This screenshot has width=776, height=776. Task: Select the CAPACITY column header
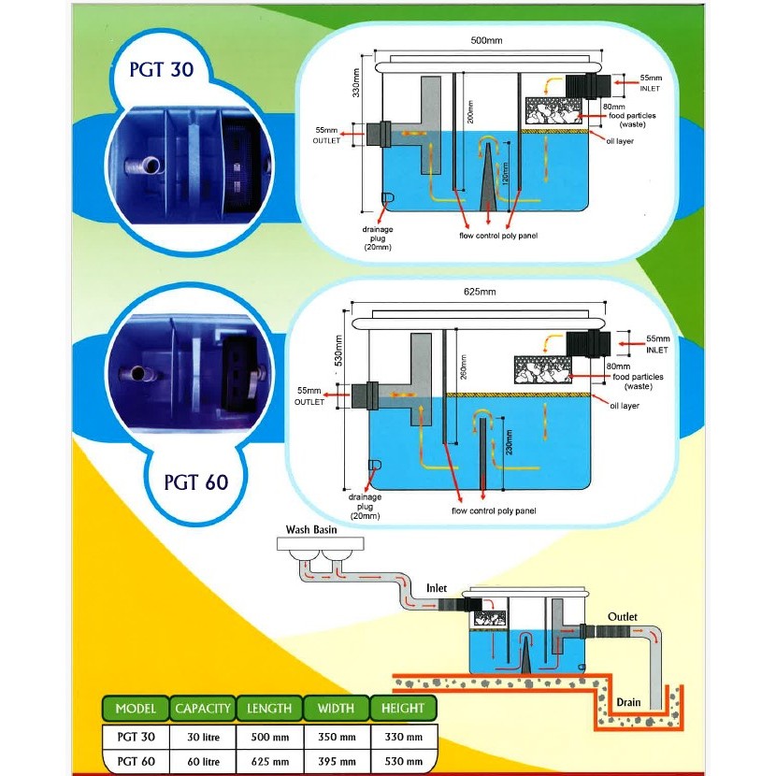click(203, 709)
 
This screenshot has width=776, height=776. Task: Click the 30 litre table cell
click(203, 737)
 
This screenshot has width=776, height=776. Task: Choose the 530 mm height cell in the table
click(403, 761)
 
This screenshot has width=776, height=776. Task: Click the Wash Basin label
click(310, 530)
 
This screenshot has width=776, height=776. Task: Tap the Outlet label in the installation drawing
click(623, 617)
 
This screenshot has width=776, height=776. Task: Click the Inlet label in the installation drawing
click(438, 588)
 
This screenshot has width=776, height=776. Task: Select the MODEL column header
click(136, 709)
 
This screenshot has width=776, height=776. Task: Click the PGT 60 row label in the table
click(136, 761)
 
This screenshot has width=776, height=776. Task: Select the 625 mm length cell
click(270, 761)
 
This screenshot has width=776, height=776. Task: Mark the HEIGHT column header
click(403, 709)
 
